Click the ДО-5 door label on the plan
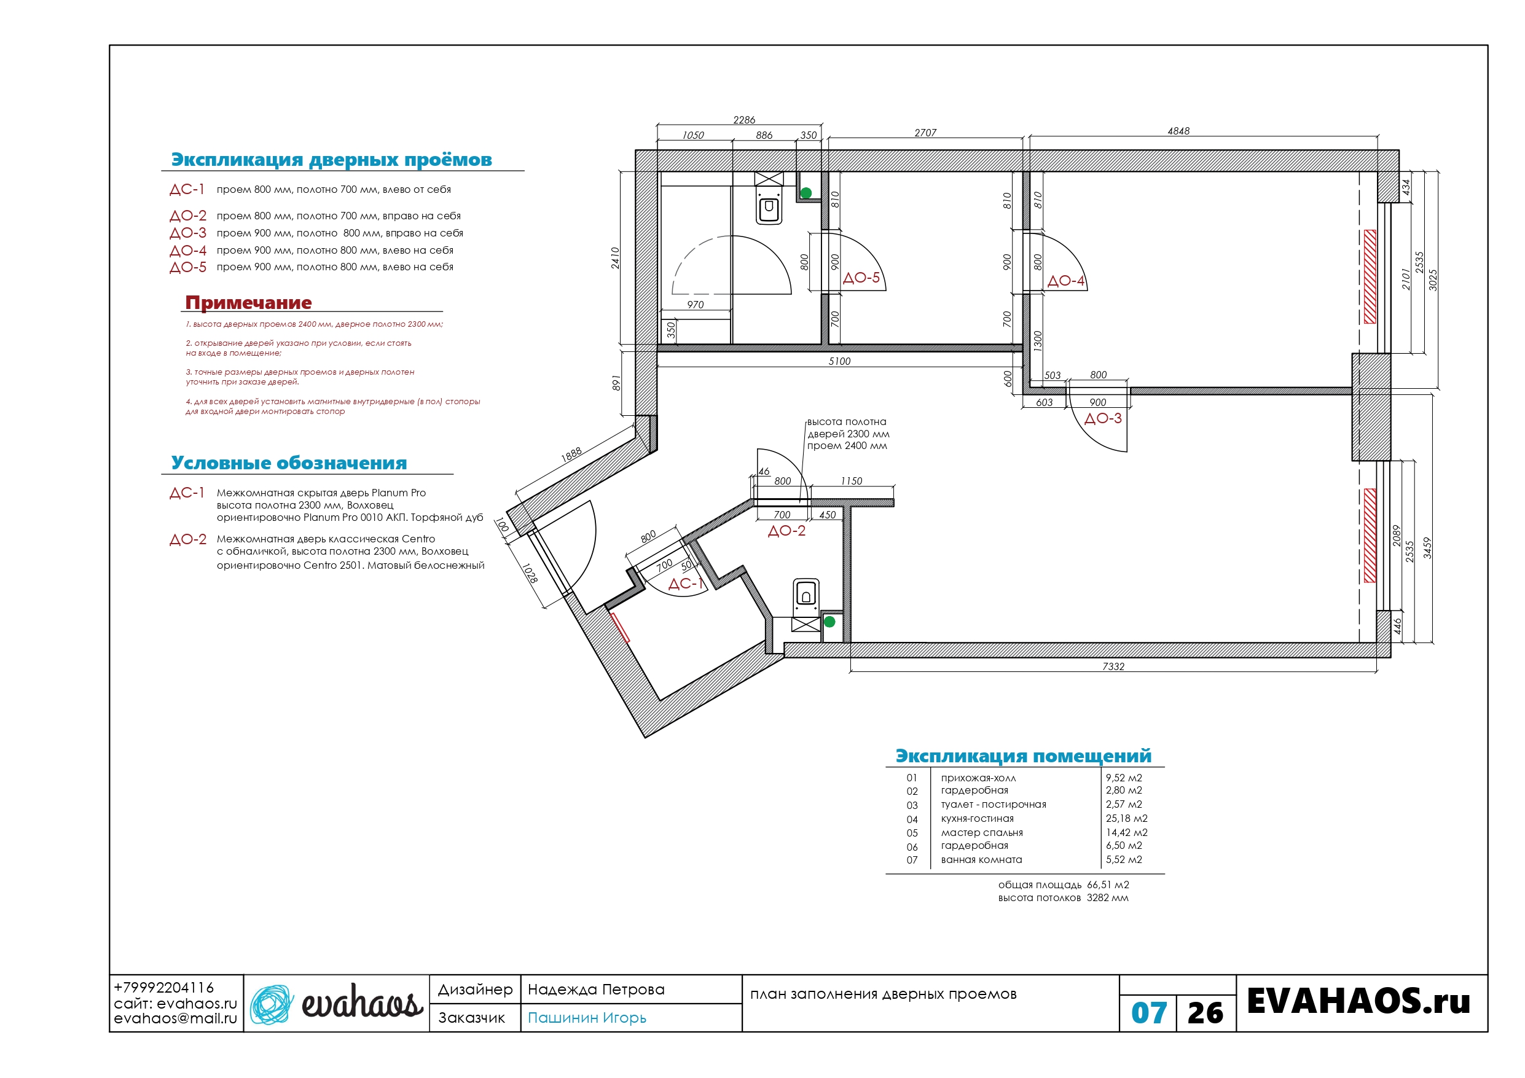pyautogui.click(x=861, y=278)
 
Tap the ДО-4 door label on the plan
pyautogui.click(x=1065, y=281)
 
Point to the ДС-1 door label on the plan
pyautogui.click(x=686, y=584)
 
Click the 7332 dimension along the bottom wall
pyautogui.click(x=1113, y=666)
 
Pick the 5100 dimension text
pyautogui.click(x=839, y=361)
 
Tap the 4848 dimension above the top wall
pyautogui.click(x=1178, y=131)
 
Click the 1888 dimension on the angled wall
pyautogui.click(x=571, y=455)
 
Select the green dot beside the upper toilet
pyautogui.click(x=806, y=193)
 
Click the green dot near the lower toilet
pyautogui.click(x=829, y=622)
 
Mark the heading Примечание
pyautogui.click(x=248, y=302)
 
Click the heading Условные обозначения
pyautogui.click(x=289, y=463)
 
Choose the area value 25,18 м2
pyautogui.click(x=1126, y=818)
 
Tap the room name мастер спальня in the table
pyautogui.click(x=982, y=832)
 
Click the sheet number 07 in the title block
pyautogui.click(x=1148, y=1013)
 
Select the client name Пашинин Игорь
pyautogui.click(x=587, y=1018)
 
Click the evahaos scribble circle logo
pyautogui.click(x=272, y=1004)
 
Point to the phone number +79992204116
pyautogui.click(x=164, y=988)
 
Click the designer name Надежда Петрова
pyautogui.click(x=596, y=990)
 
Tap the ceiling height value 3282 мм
pyautogui.click(x=1107, y=897)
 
